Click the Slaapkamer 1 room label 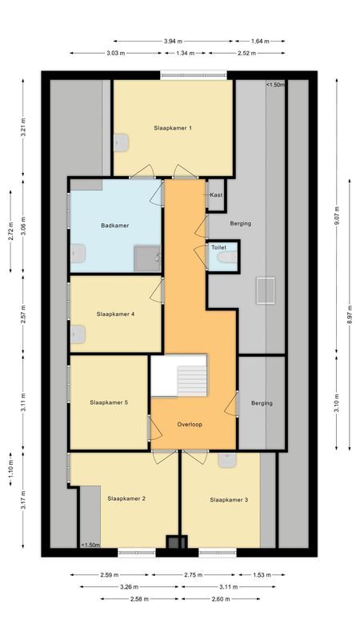(173, 128)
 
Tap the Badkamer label (115, 226)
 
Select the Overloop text (190, 425)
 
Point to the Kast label (216, 195)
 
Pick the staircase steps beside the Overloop (192, 381)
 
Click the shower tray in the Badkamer (147, 258)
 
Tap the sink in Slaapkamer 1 (122, 143)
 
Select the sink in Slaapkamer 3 (227, 461)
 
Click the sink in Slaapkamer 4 (78, 334)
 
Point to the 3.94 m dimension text (173, 42)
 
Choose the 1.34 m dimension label (186, 53)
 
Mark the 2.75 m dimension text (194, 575)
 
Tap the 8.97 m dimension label (350, 314)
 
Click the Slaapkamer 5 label (109, 402)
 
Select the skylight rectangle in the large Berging (266, 290)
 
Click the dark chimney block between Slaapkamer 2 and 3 (177, 542)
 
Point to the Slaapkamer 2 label (127, 498)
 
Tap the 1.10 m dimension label (11, 468)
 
